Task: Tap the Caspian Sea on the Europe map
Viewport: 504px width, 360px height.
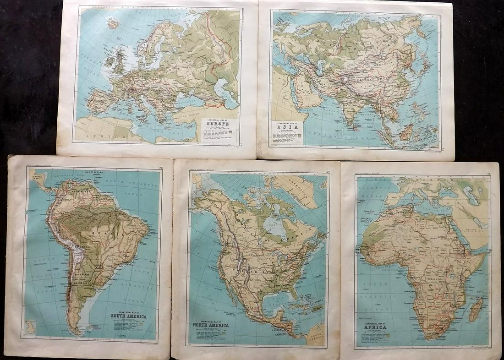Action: [229, 96]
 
